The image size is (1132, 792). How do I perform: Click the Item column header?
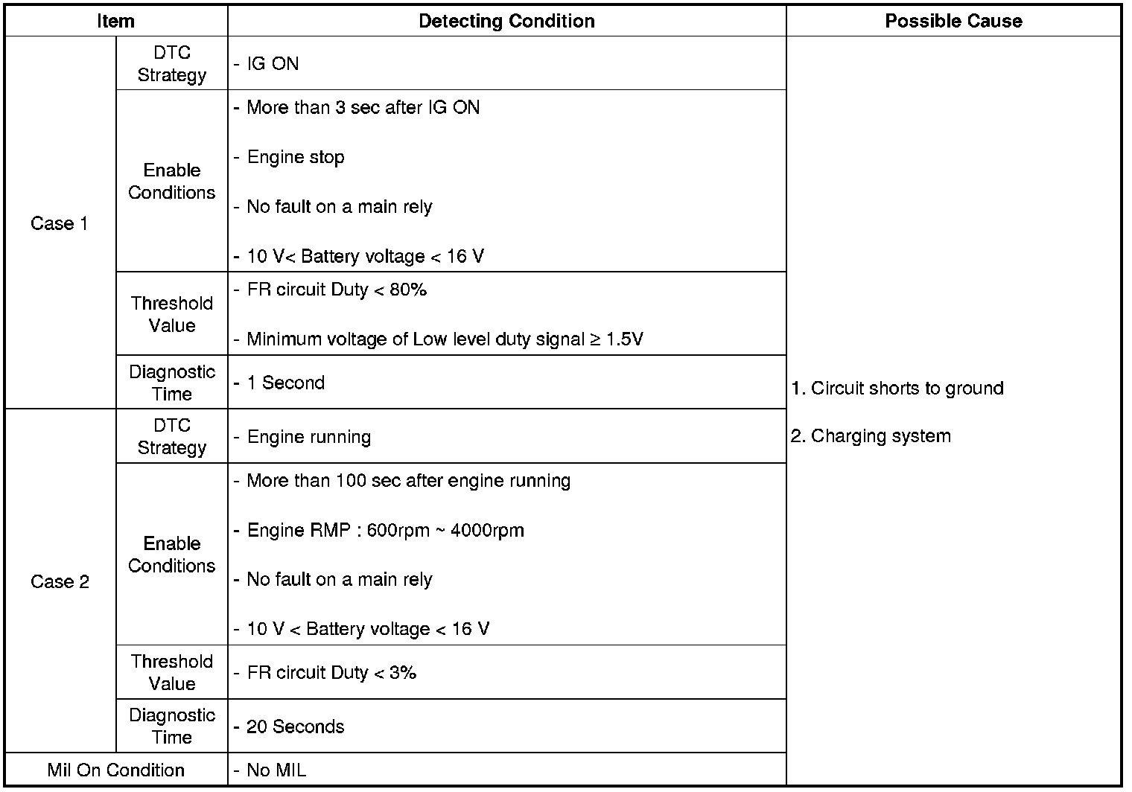coord(115,21)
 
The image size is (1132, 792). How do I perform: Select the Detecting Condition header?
coord(506,21)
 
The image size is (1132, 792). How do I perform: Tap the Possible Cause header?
coord(953,21)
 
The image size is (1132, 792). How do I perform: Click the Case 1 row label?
coord(60,223)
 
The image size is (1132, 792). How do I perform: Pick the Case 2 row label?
coord(60,581)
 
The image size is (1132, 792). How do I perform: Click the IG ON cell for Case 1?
coord(273,64)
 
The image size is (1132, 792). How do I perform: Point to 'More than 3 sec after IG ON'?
coord(363,107)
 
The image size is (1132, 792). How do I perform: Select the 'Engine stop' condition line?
coord(296,157)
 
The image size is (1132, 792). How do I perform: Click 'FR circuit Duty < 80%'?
coord(337,290)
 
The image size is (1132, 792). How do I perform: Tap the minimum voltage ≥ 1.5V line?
coord(445,339)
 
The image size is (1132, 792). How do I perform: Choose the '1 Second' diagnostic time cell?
coord(286,383)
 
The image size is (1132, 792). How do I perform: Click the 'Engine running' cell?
coord(308,437)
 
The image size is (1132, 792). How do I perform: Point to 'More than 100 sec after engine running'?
coord(408,481)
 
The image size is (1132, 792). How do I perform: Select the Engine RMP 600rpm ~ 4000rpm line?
coord(385,531)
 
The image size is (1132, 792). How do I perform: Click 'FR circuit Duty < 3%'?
coord(331,673)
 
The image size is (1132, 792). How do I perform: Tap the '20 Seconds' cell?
coord(295,726)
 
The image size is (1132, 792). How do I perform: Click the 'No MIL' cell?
coord(276,770)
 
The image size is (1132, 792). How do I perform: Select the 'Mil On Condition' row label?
coord(115,770)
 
